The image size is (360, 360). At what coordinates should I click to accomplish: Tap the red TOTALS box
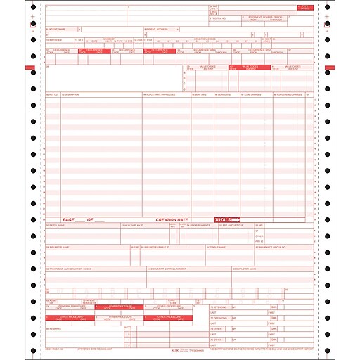click(x=227, y=219)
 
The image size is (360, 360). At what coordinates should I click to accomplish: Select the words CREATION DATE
click(x=172, y=219)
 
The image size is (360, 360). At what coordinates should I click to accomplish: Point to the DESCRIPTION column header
click(x=71, y=94)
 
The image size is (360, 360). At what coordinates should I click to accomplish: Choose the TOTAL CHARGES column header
click(x=251, y=94)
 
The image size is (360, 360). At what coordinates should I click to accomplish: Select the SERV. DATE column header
click(x=200, y=94)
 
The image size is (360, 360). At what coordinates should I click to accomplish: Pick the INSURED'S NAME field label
click(x=58, y=247)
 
